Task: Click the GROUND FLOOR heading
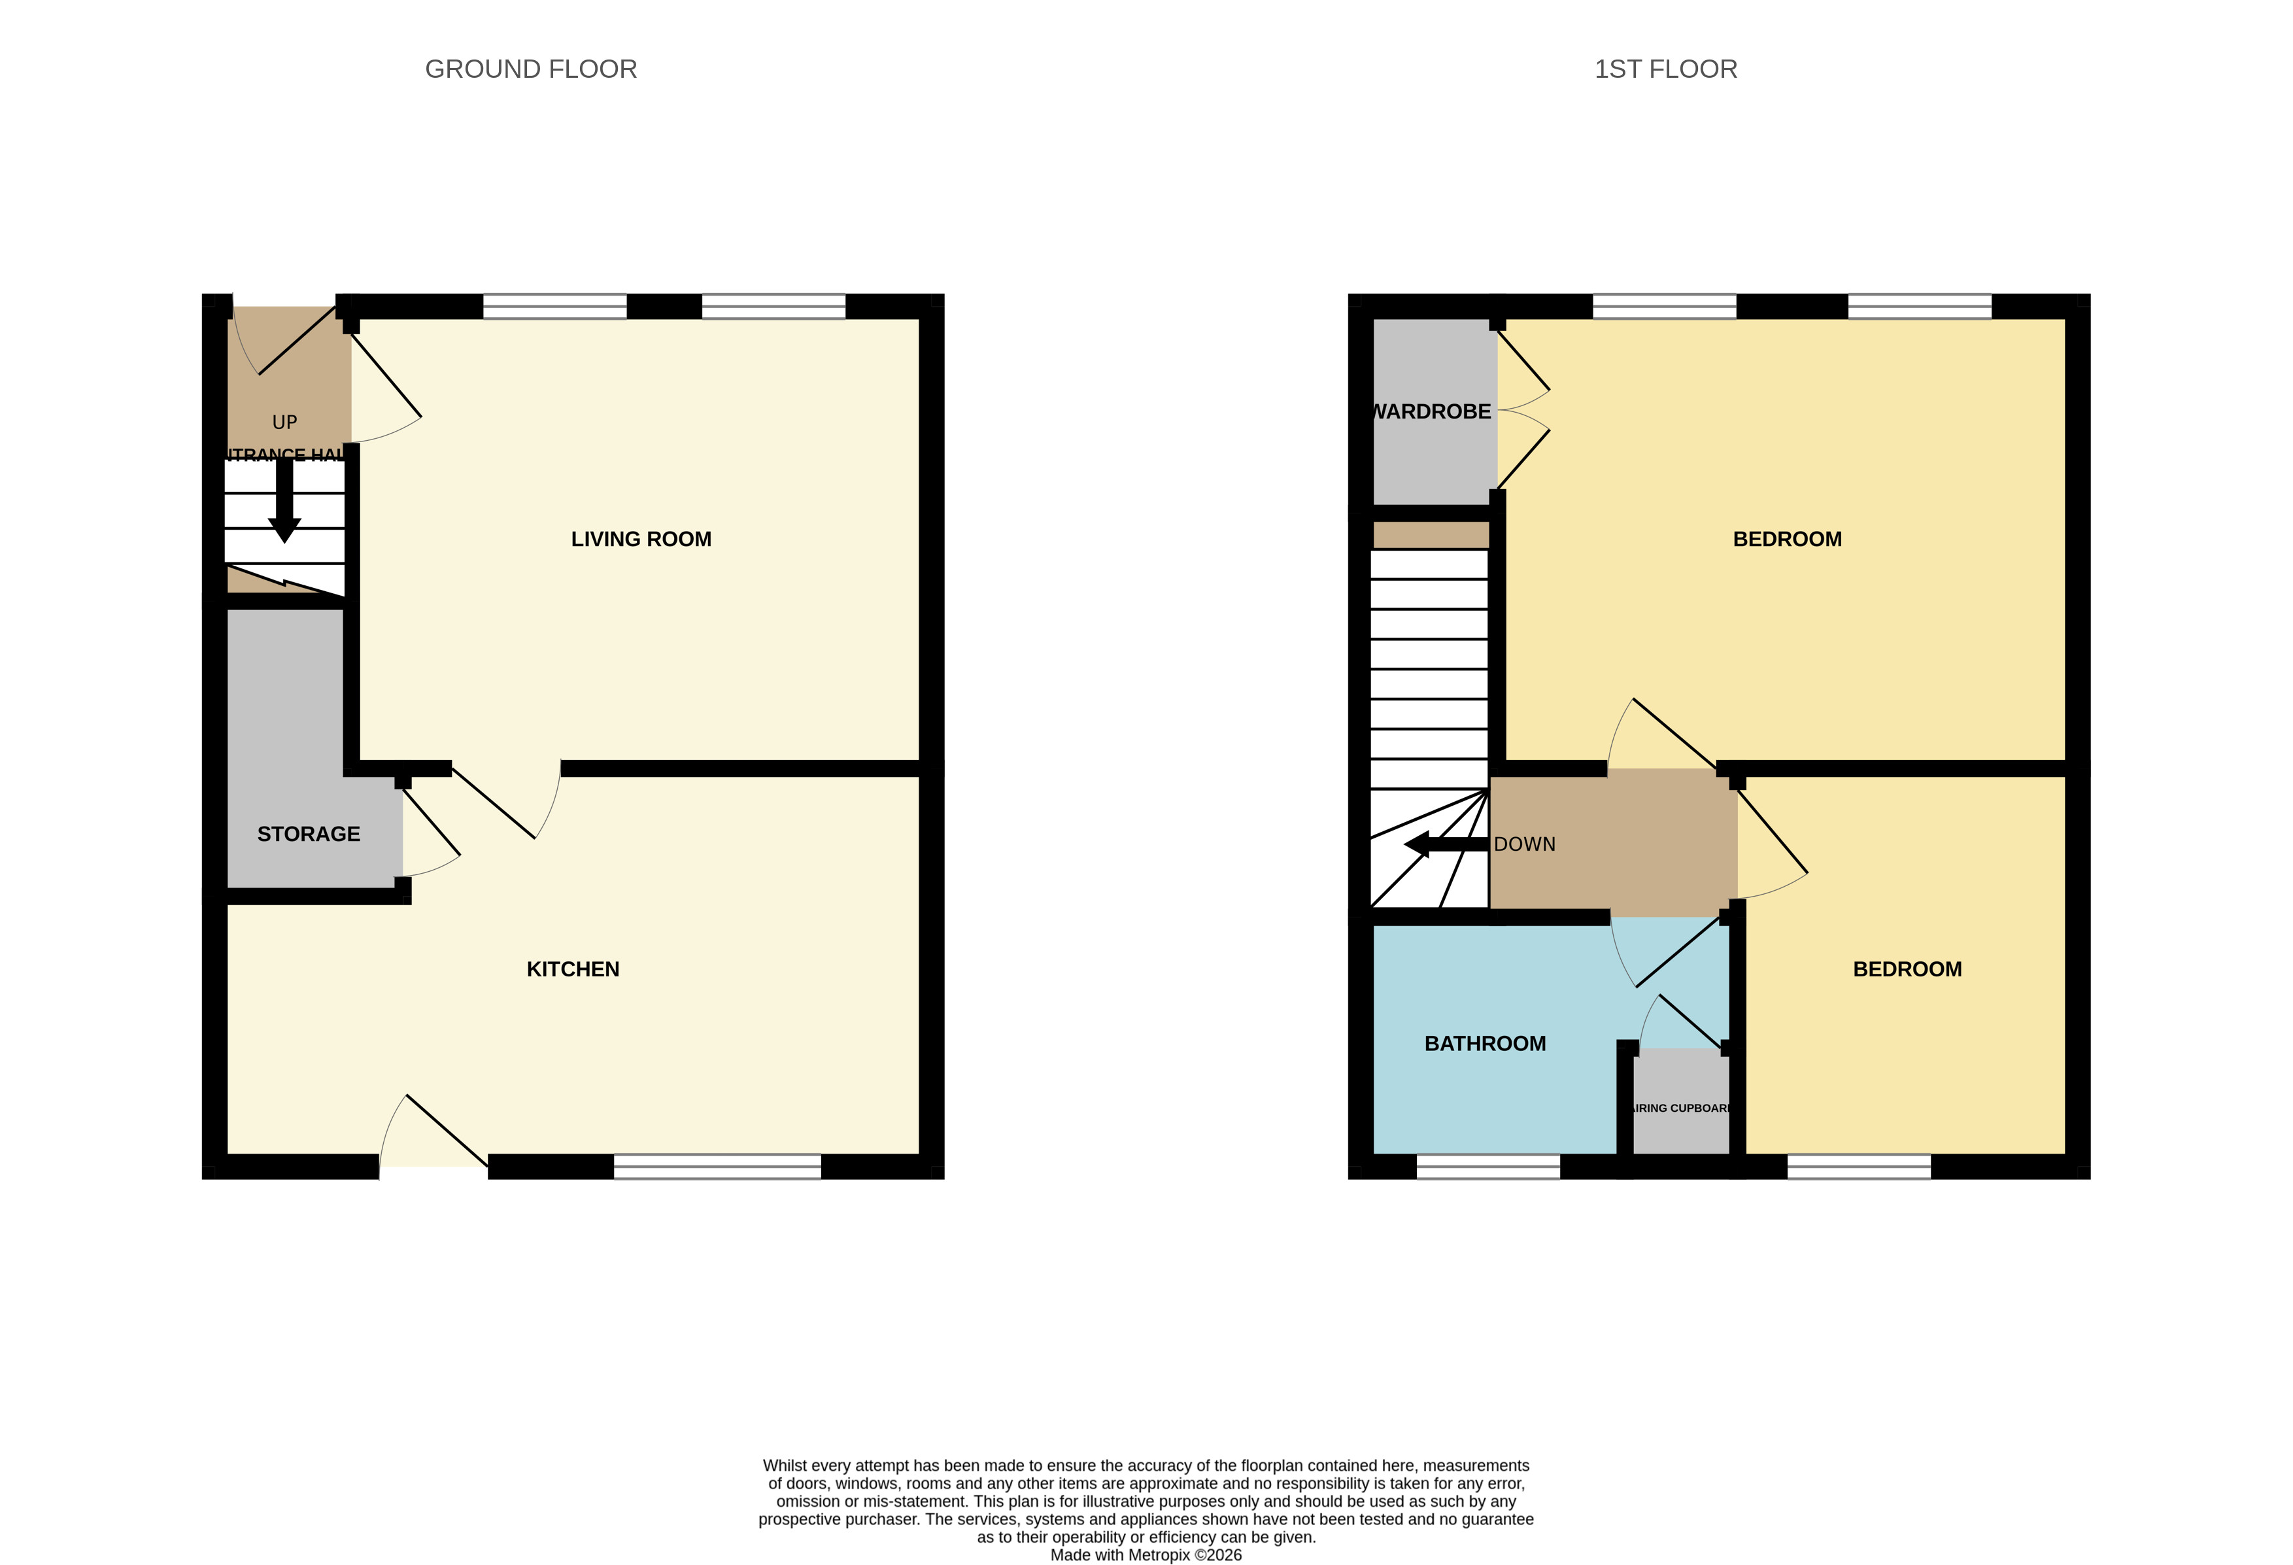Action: pyautogui.click(x=531, y=69)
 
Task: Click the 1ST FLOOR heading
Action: pyautogui.click(x=1665, y=69)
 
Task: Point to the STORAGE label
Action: pyautogui.click(x=308, y=834)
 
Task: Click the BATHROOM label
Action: pyautogui.click(x=1484, y=1043)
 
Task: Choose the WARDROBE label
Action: pyautogui.click(x=1433, y=411)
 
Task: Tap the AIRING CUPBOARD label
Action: pyautogui.click(x=1680, y=1108)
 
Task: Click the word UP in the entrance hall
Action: pyautogui.click(x=284, y=422)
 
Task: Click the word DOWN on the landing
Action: pyautogui.click(x=1523, y=844)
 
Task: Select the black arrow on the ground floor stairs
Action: pyautogui.click(x=284, y=504)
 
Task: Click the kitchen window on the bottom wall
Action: pyautogui.click(x=717, y=1166)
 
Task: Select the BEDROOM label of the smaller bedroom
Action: pyautogui.click(x=1906, y=969)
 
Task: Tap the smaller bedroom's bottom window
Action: pyautogui.click(x=1858, y=1166)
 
